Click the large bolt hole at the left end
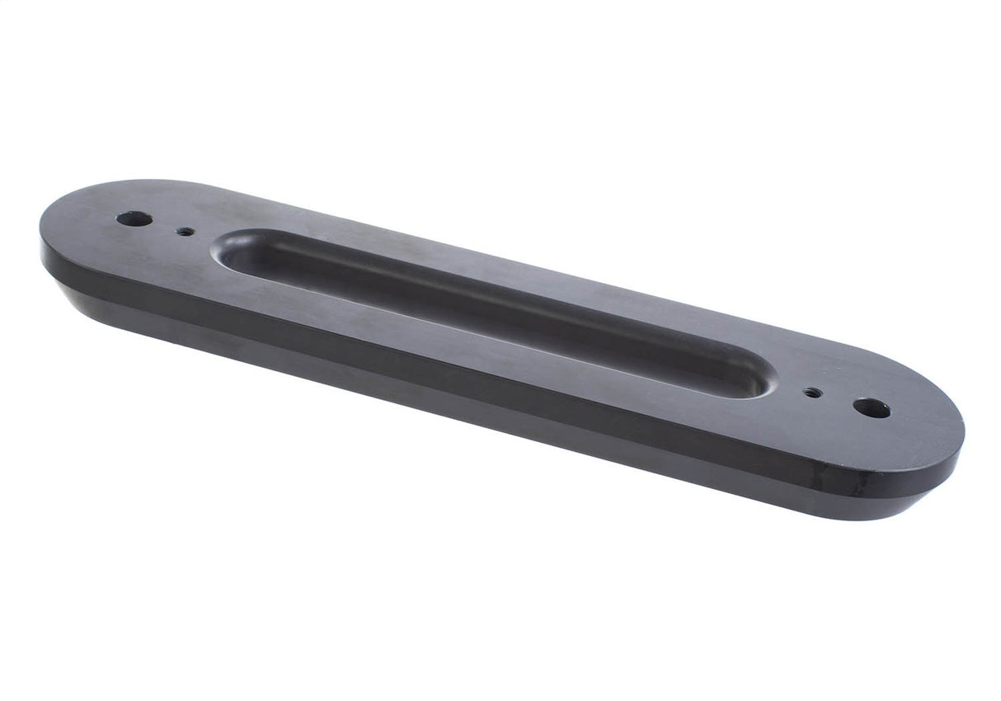(134, 219)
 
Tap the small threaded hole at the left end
(186, 232)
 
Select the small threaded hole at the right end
(812, 393)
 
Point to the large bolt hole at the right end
(872, 407)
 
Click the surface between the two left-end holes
(162, 226)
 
